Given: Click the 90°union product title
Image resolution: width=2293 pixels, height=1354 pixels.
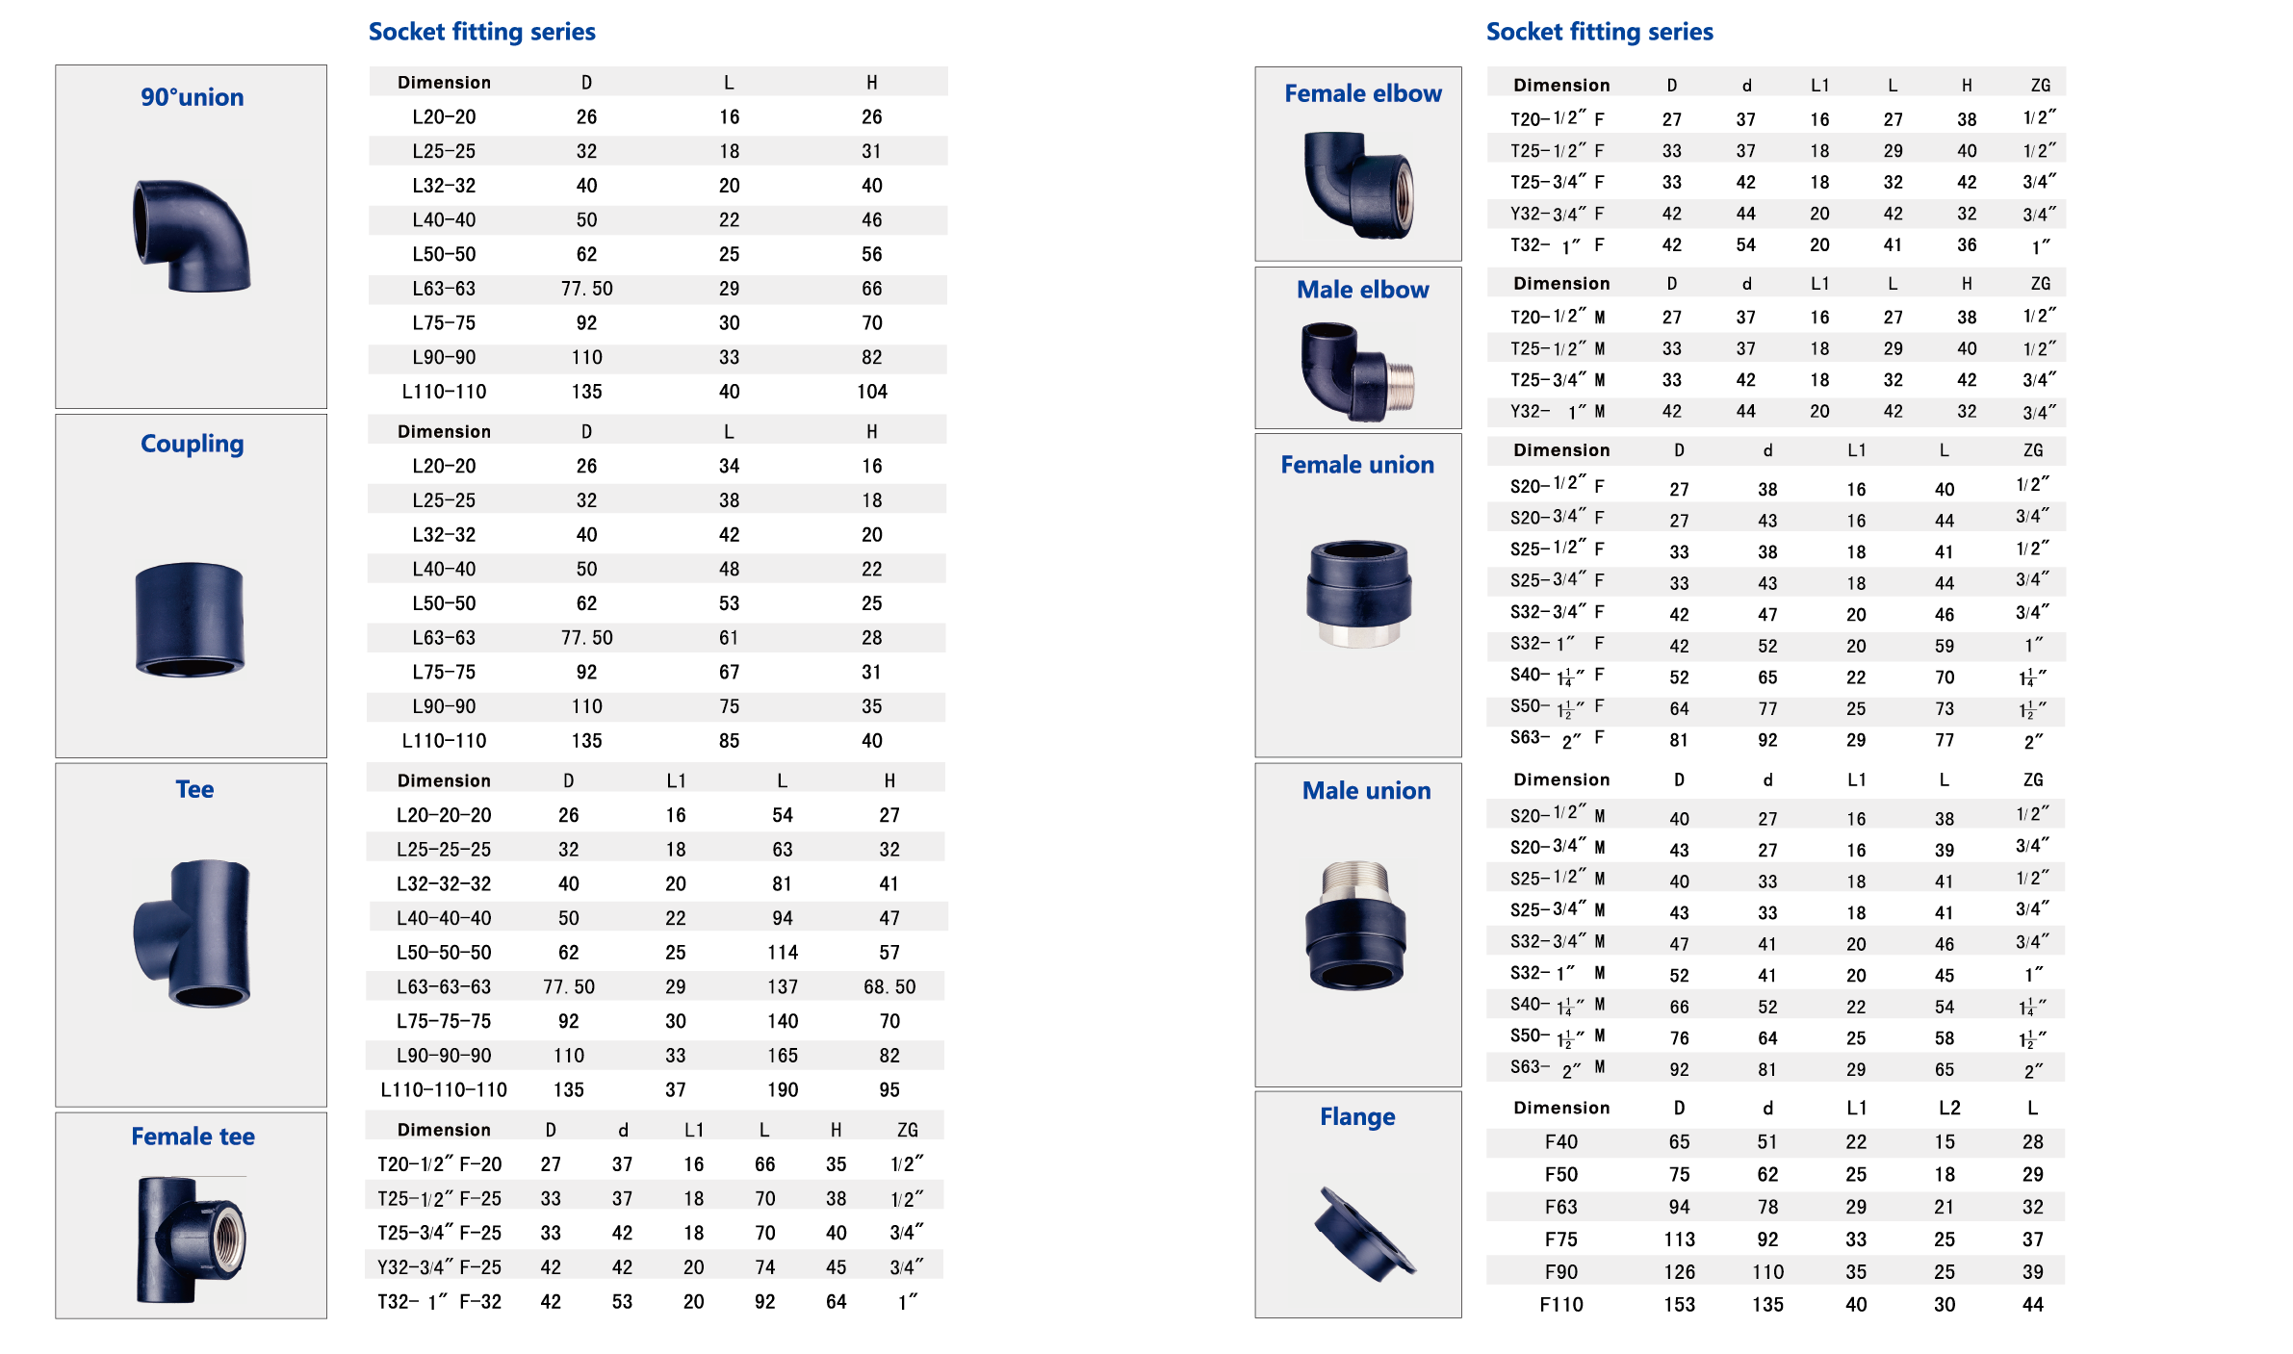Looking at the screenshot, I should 192,97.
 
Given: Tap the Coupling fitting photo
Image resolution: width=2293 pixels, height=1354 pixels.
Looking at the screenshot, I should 190,620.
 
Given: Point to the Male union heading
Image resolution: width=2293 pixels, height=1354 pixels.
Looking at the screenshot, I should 1366,791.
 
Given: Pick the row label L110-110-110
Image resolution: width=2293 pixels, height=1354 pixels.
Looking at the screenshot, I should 444,1089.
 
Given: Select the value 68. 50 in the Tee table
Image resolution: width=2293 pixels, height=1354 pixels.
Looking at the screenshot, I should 889,986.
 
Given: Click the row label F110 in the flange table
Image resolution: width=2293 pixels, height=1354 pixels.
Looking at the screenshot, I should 1560,1304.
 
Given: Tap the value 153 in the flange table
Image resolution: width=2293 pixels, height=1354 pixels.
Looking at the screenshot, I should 1679,1304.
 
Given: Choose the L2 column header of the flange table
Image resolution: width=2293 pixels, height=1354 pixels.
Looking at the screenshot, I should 1948,1108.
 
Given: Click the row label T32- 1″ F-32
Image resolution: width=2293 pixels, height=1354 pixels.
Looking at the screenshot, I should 439,1301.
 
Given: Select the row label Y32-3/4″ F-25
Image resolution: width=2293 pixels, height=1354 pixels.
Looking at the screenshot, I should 439,1266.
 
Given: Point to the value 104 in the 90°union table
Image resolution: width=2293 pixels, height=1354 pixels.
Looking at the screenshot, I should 871,392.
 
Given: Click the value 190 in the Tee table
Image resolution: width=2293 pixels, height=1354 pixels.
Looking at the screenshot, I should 782,1089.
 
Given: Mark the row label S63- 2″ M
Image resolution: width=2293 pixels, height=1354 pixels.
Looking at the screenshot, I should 1557,1067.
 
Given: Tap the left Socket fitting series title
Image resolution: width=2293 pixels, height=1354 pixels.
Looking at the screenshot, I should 481,32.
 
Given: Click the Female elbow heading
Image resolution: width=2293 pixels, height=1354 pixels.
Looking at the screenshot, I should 1362,93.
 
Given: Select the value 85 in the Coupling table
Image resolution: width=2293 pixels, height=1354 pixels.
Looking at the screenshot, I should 729,741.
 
